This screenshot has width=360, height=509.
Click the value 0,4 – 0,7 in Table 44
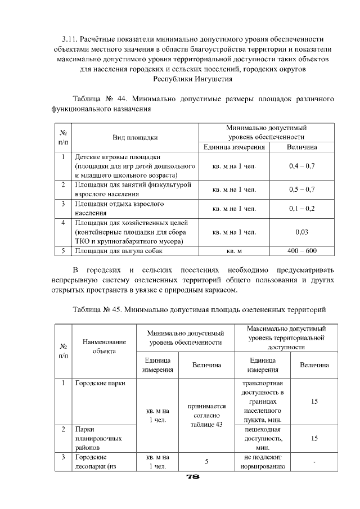coord(301,166)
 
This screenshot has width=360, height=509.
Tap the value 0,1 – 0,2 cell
coord(301,208)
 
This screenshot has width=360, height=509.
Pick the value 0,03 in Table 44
coord(301,232)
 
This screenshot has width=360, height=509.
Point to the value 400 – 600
coord(301,251)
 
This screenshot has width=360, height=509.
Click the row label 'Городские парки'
coord(100,384)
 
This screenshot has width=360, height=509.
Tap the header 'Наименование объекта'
coord(104,346)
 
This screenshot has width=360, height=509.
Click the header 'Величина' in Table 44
coord(301,147)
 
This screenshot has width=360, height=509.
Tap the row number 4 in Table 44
coord(64,222)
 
